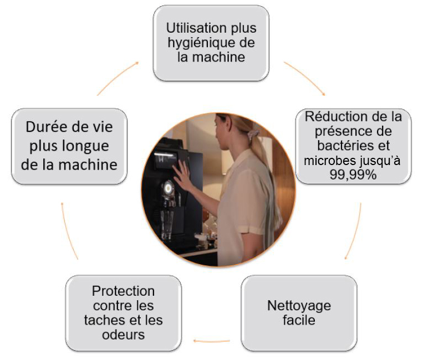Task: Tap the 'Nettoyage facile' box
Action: pos(299,313)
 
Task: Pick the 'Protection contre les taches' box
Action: pos(123,313)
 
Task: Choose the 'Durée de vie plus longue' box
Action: pos(69,146)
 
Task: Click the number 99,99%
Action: pos(354,175)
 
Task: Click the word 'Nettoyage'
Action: pos(299,305)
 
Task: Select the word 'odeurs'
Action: pos(123,335)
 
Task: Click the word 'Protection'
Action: pos(123,291)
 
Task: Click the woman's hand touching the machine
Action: pos(182,177)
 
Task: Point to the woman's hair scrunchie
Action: pos(253,135)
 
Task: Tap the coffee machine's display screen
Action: pos(165,161)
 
